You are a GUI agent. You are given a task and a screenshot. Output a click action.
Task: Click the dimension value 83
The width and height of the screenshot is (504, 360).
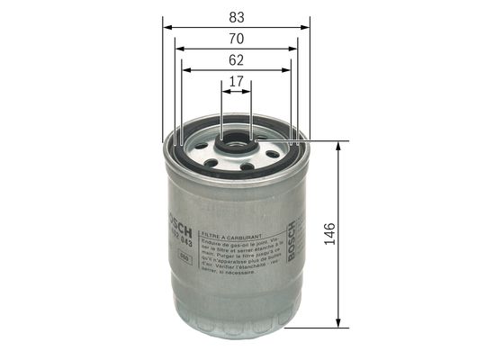pos(236,15)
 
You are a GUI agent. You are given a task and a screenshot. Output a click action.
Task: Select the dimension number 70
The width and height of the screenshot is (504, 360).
pos(236,39)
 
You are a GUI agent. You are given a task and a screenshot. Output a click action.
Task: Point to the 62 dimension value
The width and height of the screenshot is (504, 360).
pos(236,61)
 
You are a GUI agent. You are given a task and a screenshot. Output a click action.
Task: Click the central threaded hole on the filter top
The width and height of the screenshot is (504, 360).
pos(236,140)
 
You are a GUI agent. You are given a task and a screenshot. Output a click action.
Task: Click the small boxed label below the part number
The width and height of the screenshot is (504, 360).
pos(184,259)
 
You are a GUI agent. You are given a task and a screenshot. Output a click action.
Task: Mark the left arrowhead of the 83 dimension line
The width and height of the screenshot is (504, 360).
pos(167,27)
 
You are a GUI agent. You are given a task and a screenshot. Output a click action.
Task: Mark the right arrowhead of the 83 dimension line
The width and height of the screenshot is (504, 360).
pos(306,27)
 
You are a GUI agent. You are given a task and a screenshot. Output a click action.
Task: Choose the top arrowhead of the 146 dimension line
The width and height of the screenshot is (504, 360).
pos(338,145)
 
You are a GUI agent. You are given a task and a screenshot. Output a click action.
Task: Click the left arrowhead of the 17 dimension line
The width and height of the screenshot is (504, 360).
pos(224,94)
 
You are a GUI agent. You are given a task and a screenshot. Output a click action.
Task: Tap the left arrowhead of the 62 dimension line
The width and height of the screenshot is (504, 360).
pos(184,72)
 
